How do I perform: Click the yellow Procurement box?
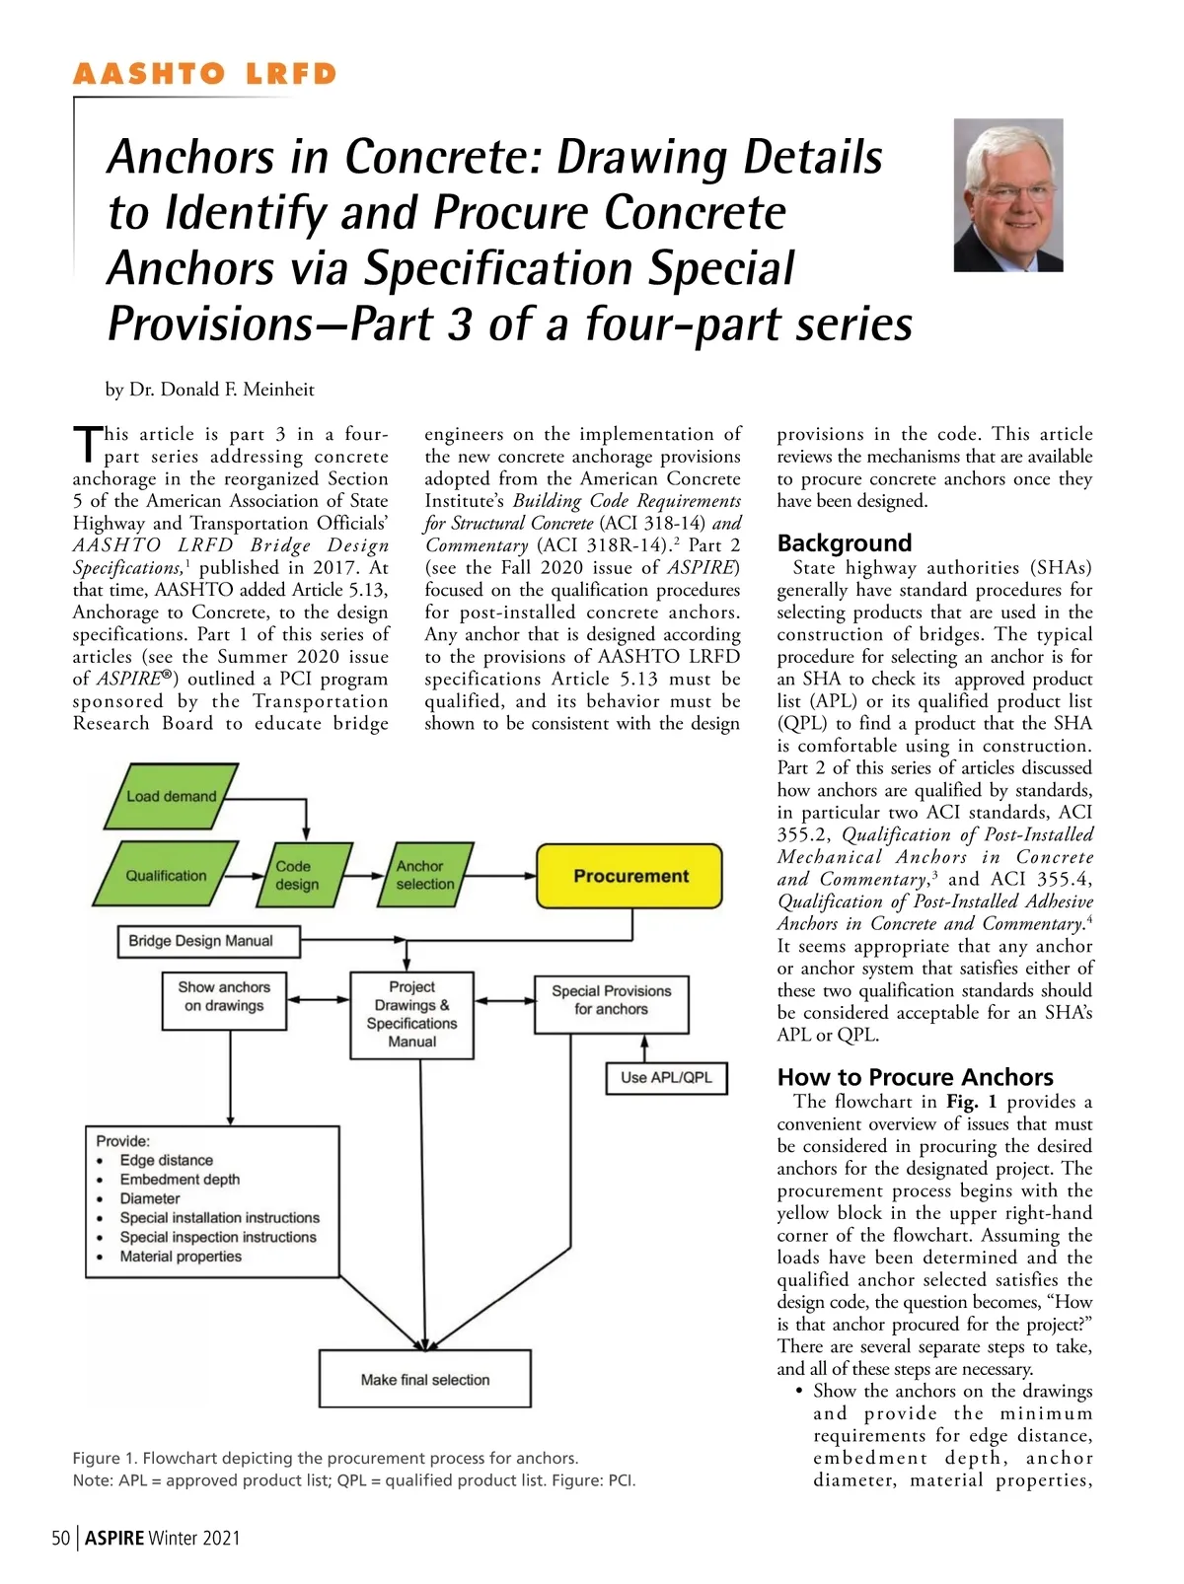[629, 876]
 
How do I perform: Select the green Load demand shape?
[171, 796]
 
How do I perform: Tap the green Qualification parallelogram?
[166, 875]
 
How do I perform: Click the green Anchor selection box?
[425, 875]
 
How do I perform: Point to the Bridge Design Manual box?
[200, 941]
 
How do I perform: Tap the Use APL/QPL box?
[666, 1077]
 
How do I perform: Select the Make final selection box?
[425, 1379]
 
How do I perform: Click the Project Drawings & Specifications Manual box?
[411, 1014]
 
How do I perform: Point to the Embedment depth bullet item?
[180, 1180]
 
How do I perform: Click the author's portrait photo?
[1007, 195]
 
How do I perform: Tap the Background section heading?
[844, 543]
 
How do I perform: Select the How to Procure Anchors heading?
[915, 1077]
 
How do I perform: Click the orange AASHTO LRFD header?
[205, 75]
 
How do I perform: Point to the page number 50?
[61, 1538]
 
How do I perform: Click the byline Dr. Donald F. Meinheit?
[209, 390]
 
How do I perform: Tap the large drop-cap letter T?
[87, 445]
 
